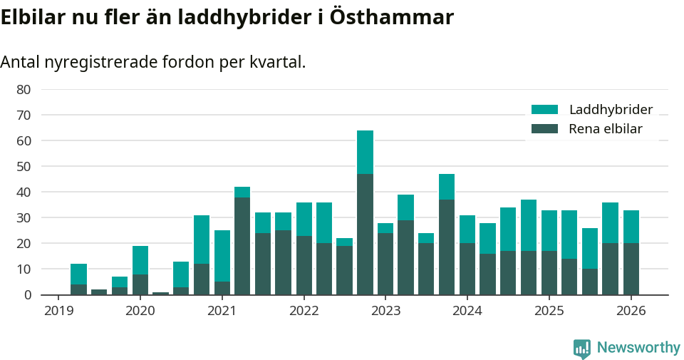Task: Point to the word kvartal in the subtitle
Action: tap(279, 62)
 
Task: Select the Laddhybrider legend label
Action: tap(611, 110)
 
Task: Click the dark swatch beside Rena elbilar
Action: tap(545, 129)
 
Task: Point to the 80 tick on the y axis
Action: tap(24, 89)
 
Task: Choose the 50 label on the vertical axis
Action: tap(24, 166)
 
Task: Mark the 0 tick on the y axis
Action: tap(27, 294)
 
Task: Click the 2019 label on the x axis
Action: tap(58, 311)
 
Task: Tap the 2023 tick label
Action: tap(385, 311)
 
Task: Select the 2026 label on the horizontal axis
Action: tap(631, 311)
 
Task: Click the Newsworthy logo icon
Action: tap(582, 348)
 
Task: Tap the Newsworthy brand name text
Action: tap(638, 348)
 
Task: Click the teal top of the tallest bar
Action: tap(365, 152)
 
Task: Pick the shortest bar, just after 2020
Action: tap(160, 293)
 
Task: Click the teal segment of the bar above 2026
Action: tap(631, 227)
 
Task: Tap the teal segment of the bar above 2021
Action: tap(222, 256)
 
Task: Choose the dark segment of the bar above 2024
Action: tap(467, 269)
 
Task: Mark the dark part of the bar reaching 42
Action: tap(242, 246)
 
